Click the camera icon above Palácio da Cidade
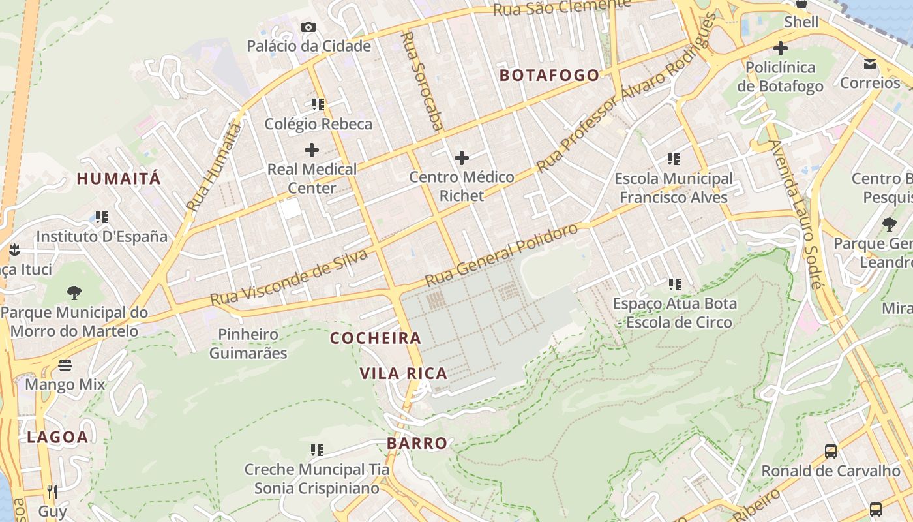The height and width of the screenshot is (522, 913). (308, 27)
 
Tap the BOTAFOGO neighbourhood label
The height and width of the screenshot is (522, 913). (549, 75)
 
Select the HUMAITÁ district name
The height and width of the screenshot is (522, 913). (119, 178)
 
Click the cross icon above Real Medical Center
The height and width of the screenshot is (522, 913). (312, 150)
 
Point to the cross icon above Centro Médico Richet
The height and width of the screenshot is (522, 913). (462, 158)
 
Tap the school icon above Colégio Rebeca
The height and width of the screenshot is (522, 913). (318, 104)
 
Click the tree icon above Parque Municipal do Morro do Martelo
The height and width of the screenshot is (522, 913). (74, 292)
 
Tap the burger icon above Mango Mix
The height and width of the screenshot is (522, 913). (65, 365)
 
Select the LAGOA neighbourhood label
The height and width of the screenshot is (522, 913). (57, 437)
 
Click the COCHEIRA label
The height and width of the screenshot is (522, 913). (376, 338)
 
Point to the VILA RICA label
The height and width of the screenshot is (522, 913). (404, 374)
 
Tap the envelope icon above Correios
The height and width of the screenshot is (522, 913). (870, 63)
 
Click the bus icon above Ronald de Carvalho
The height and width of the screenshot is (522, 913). (831, 451)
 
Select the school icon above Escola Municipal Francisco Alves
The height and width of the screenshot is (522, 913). (674, 159)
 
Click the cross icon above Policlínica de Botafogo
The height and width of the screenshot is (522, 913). (780, 48)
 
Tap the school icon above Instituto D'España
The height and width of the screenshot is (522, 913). (101, 217)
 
